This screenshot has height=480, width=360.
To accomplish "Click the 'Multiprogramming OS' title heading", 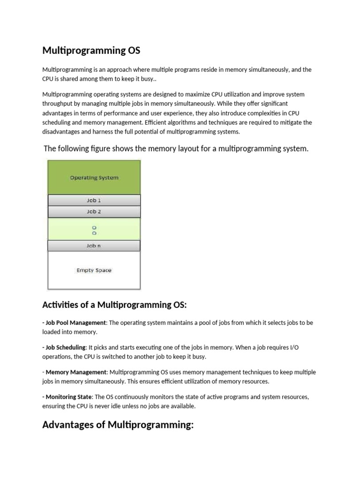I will click(91, 50).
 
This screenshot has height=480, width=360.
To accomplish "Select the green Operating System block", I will click(94, 177).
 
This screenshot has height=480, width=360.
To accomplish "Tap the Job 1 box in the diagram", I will click(94, 200).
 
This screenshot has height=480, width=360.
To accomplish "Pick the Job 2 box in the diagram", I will click(94, 211).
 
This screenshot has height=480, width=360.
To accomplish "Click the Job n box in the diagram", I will click(94, 246).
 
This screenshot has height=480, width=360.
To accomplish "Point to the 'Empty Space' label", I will click(94, 270).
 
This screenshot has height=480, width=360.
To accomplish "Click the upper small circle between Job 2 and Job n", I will click(94, 227).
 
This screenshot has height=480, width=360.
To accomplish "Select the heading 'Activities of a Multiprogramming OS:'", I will click(114, 305).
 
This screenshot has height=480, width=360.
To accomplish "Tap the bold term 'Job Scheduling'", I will click(66, 347).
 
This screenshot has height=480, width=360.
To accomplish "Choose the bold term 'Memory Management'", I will click(75, 372).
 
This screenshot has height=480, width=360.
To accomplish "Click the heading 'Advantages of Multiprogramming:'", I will click(118, 425).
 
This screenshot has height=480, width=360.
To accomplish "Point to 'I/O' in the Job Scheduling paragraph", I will click(307, 347).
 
